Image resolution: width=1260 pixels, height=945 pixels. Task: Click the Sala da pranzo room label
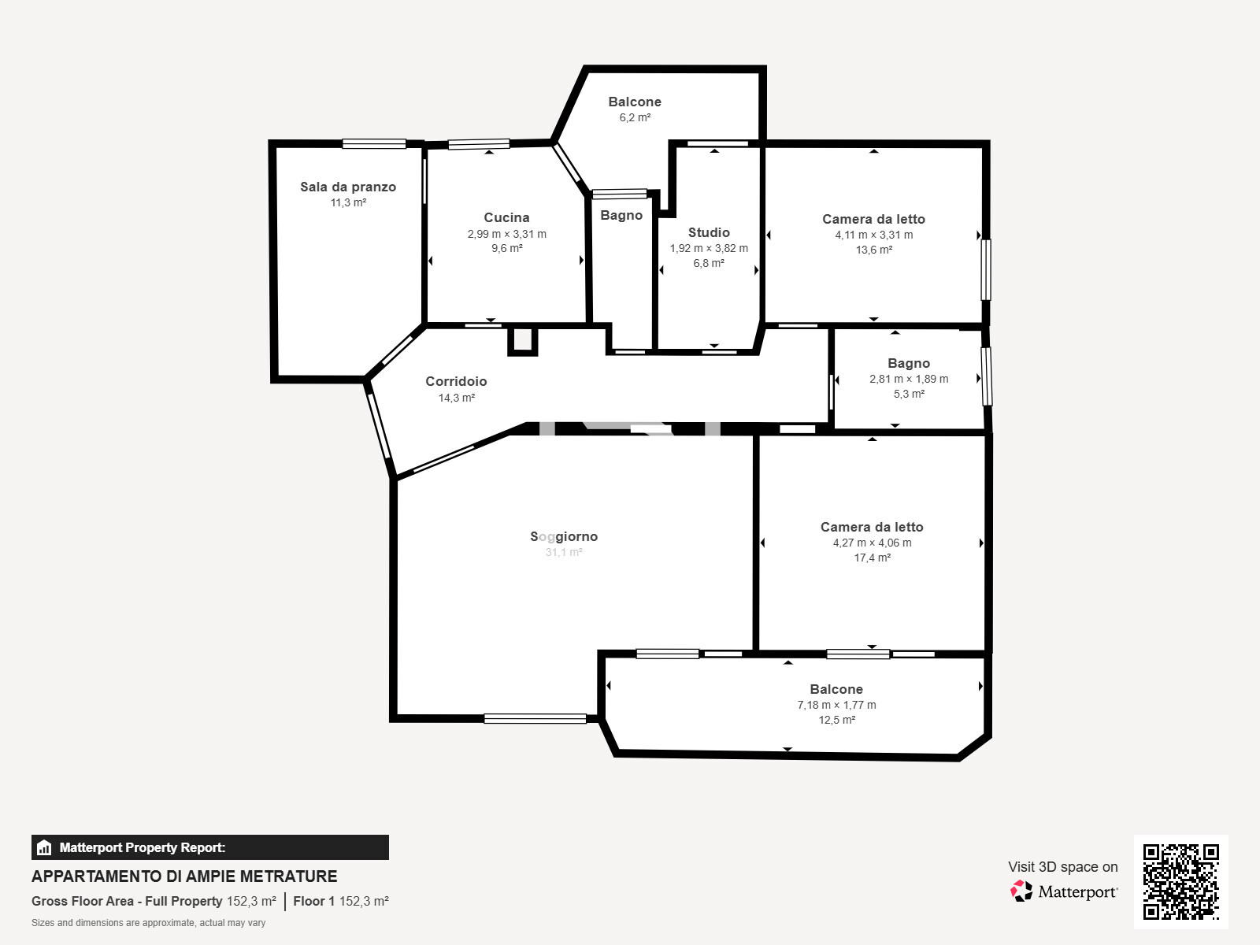348,187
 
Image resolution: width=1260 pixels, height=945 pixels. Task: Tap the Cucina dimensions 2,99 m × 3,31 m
507,234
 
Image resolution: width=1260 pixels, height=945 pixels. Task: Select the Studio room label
709,232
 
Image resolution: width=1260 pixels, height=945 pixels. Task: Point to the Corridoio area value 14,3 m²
456,398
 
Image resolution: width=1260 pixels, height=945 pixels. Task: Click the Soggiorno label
564,536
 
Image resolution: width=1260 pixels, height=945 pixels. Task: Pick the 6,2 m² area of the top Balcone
635,117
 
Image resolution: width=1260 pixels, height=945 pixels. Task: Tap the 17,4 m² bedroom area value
872,558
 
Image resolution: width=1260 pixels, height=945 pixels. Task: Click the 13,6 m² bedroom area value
873,250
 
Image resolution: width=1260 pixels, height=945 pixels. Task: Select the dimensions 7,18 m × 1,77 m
836,705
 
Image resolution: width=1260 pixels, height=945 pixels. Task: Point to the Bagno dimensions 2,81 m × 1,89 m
909,379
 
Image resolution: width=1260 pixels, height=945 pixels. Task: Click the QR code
1180,882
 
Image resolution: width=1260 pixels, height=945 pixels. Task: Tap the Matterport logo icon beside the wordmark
1021,891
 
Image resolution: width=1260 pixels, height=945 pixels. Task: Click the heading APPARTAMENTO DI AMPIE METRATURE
184,876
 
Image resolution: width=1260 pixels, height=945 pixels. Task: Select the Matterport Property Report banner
210,847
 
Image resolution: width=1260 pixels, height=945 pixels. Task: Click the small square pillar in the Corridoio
522,341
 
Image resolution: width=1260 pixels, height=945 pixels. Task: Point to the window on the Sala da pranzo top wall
374,143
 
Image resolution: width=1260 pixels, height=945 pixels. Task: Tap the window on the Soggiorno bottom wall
535,718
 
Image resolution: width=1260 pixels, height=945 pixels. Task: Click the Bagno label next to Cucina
621,215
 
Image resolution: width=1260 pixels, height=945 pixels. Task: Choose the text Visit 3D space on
1062,866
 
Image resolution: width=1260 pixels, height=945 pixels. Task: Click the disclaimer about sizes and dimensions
148,923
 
